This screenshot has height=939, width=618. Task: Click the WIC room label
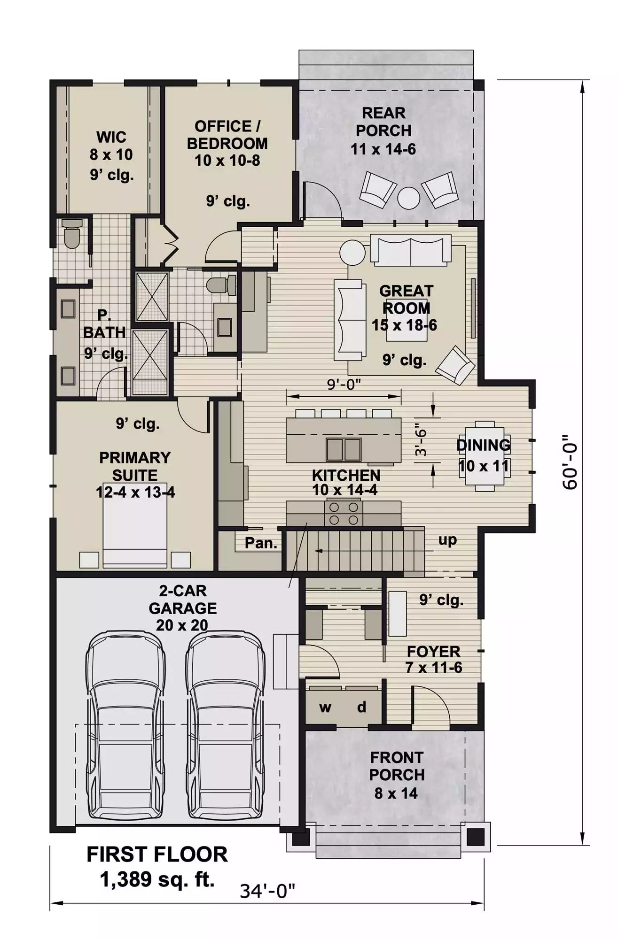111,137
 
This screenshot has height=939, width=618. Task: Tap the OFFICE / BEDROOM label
227,135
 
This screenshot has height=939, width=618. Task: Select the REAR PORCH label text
383,122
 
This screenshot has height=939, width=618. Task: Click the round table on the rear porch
408,198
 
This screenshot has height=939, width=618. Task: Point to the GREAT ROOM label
406,300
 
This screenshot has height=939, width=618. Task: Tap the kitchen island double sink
344,449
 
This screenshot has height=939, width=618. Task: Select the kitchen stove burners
344,513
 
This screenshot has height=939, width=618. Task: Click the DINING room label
484,445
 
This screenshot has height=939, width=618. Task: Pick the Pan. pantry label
261,543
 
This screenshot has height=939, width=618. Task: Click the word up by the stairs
447,540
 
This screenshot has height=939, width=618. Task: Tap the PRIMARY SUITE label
135,466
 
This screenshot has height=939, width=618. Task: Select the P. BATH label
104,323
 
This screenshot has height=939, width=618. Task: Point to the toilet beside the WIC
72,234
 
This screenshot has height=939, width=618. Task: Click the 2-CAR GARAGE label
183,599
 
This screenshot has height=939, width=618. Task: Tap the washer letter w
325,708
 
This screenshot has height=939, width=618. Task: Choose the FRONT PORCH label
397,766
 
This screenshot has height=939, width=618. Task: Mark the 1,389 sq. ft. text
157,879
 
